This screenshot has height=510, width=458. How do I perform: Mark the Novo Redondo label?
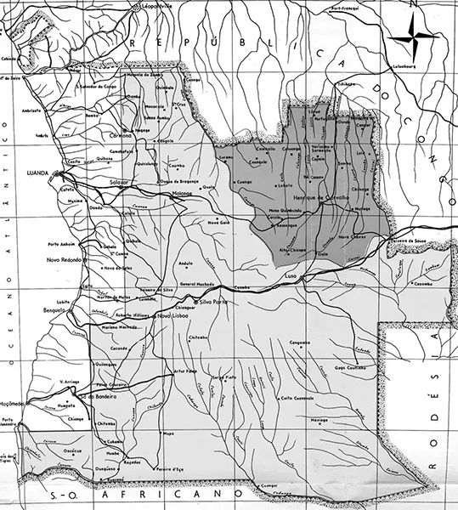coord(65,259)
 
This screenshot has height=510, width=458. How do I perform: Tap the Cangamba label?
coord(303,342)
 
